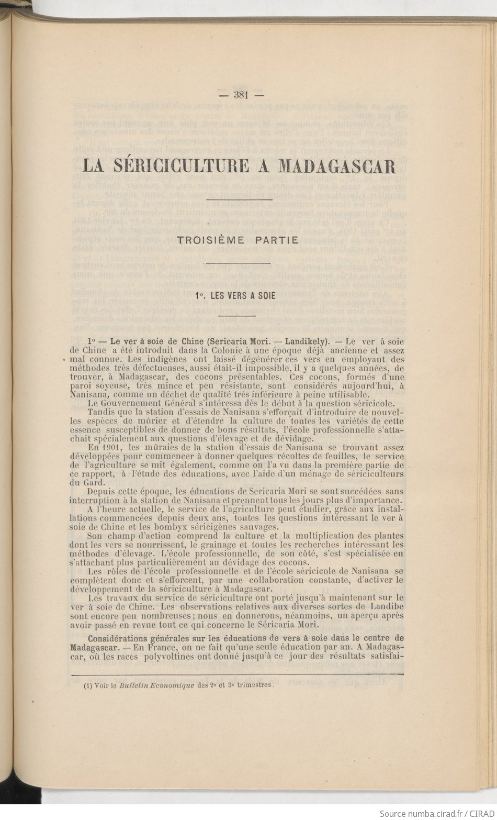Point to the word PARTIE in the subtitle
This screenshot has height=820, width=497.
pos(277,241)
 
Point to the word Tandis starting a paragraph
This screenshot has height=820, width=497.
pos(100,412)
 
